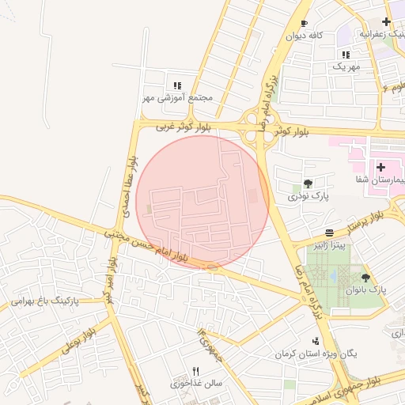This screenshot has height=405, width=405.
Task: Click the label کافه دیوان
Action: [x=306, y=36]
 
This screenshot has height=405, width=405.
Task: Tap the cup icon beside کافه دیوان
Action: [x=305, y=24]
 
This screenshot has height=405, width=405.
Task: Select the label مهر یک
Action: [x=346, y=67]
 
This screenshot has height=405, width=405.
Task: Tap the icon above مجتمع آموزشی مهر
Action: [x=178, y=85]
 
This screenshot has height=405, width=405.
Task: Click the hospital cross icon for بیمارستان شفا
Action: [x=381, y=168]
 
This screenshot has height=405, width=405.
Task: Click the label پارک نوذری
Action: [x=308, y=195]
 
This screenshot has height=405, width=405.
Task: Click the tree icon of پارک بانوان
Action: [x=365, y=277]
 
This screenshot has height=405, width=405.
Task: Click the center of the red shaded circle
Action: [x=202, y=202]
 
